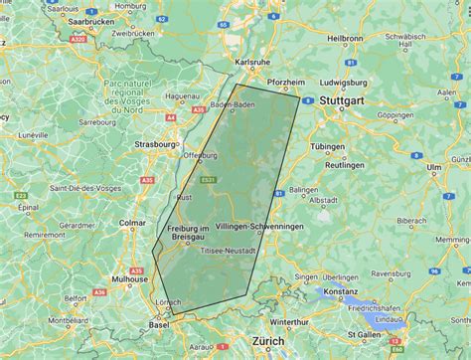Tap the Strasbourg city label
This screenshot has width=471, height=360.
tap(154, 143)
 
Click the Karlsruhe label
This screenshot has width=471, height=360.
tap(251, 62)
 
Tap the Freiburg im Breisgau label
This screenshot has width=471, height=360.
tap(189, 234)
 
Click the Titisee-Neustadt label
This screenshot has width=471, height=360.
tap(230, 250)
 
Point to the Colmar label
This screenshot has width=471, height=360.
tap(132, 223)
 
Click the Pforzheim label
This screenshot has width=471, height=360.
tap(286, 81)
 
